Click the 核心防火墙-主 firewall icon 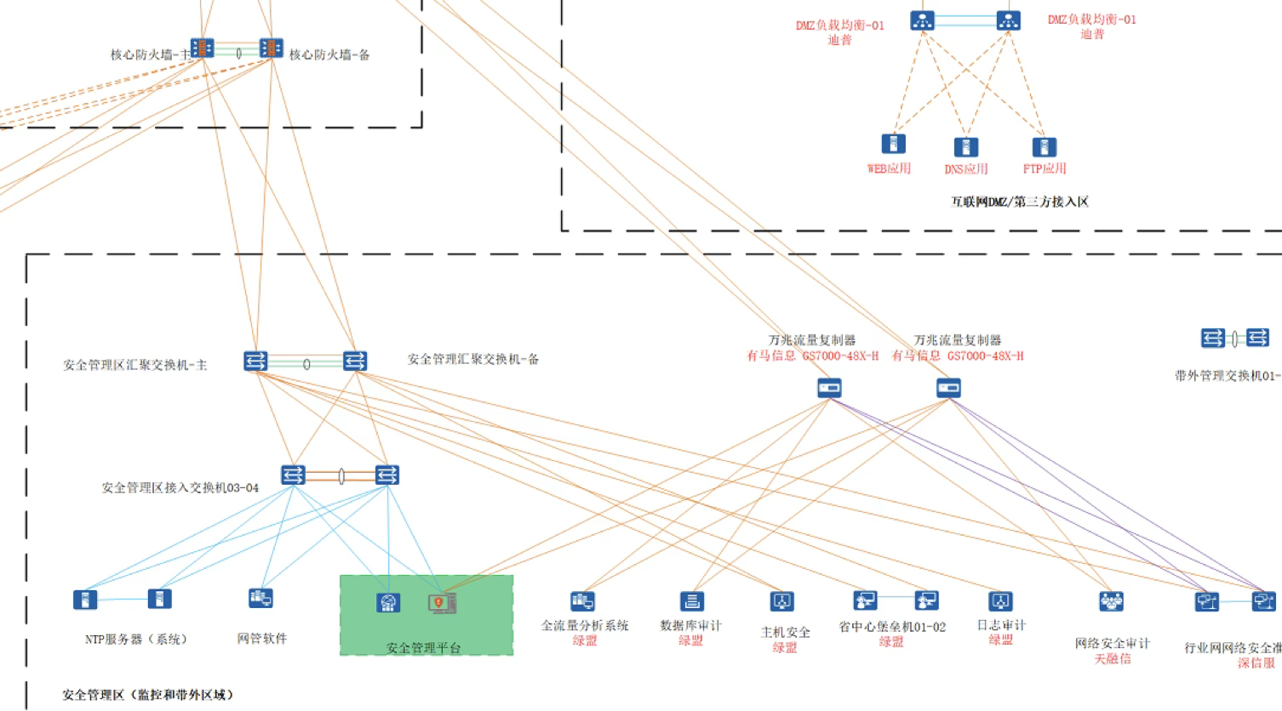point(202,48)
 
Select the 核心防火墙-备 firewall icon point(271,48)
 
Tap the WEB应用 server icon point(893,144)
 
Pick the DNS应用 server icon point(965,147)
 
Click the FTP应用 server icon point(1044,147)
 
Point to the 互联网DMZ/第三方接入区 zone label point(1019,202)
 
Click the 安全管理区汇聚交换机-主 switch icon point(255,361)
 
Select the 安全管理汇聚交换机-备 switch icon point(355,361)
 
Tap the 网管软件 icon point(260,599)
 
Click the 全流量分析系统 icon point(582,601)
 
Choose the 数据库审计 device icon point(692,601)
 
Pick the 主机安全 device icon point(781,601)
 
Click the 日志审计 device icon point(1000,601)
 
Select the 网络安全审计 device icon point(1111,602)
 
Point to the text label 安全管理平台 point(424,648)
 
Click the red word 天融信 point(1112,659)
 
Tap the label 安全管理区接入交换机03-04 point(180,488)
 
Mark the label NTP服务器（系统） point(136,640)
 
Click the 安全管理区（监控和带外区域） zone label point(147,695)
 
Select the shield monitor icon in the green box point(442,603)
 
